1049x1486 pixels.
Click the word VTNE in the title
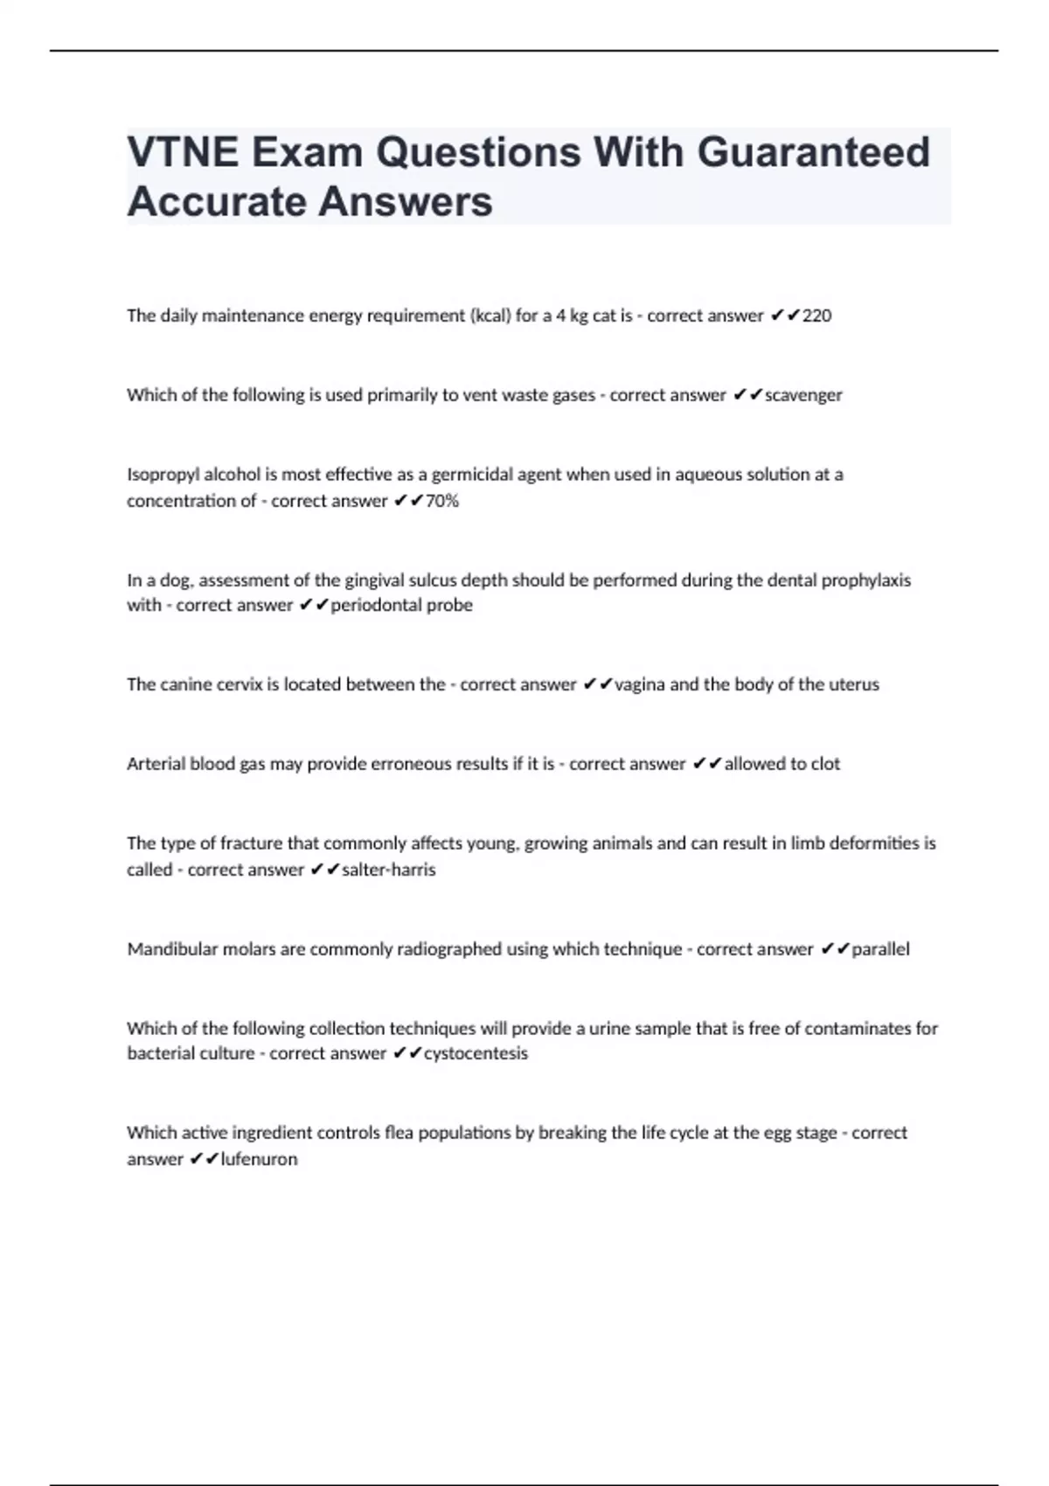[x=183, y=153]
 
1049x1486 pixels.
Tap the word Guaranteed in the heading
[x=813, y=153]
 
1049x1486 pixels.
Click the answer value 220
[x=816, y=316]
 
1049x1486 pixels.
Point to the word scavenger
[x=803, y=395]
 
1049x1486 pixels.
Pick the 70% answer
[x=441, y=501]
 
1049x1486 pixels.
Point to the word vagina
[x=640, y=684]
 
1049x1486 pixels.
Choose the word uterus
[x=853, y=684]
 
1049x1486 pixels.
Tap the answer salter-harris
[x=388, y=870]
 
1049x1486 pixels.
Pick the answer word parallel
[x=880, y=949]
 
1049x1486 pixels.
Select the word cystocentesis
[x=476, y=1053]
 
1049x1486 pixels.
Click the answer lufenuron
[x=259, y=1159]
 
